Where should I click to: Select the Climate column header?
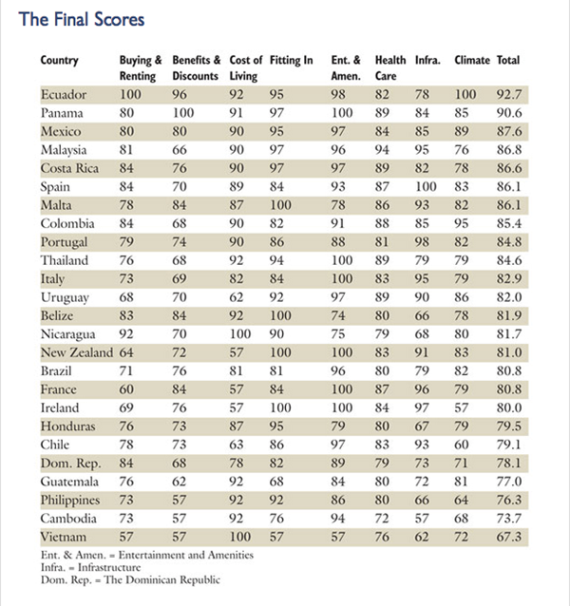pyautogui.click(x=471, y=61)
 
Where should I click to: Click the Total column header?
pyautogui.click(x=508, y=61)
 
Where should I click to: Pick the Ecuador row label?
pyautogui.click(x=64, y=95)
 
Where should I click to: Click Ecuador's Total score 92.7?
pyautogui.click(x=510, y=95)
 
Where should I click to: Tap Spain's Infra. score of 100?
pyautogui.click(x=426, y=187)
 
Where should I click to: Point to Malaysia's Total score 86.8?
pyautogui.click(x=510, y=150)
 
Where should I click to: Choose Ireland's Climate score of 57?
pyautogui.click(x=465, y=407)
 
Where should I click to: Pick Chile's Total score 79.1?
pyautogui.click(x=510, y=445)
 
